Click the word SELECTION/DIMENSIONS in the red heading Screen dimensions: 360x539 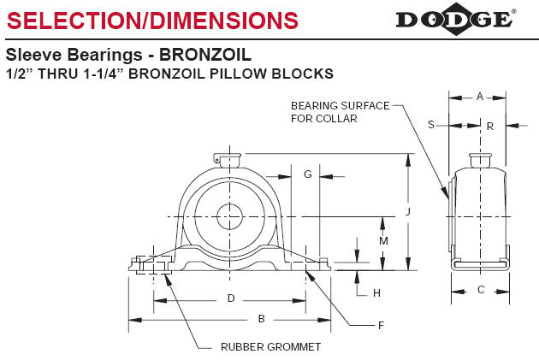(153, 20)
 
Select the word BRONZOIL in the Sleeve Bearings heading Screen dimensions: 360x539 (205, 55)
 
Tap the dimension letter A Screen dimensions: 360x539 (480, 97)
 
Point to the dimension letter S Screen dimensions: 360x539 (431, 124)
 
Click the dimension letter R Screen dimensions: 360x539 (489, 126)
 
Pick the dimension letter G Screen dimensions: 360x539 (307, 174)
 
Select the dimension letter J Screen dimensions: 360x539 (408, 211)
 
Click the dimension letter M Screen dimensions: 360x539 (384, 241)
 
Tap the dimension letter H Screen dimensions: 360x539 (376, 293)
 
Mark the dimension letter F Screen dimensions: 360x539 (381, 325)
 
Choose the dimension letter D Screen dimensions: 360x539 (230, 298)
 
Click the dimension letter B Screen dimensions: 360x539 (262, 319)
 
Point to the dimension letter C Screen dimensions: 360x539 (481, 290)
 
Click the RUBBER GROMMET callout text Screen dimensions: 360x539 (270, 346)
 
